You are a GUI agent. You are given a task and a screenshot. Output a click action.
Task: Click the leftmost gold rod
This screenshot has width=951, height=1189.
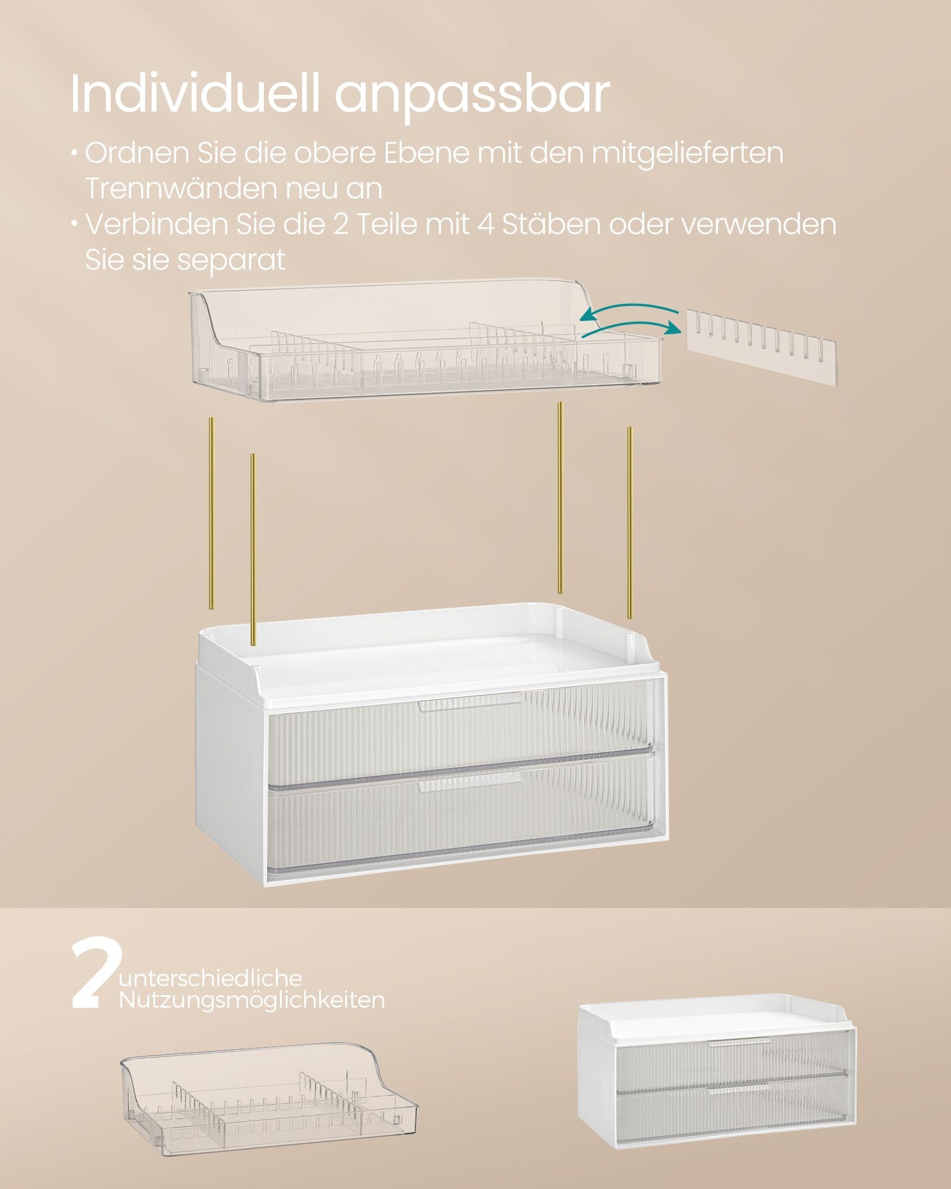[210, 512]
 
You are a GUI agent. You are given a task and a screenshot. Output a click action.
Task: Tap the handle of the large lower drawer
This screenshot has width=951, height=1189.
[470, 785]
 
